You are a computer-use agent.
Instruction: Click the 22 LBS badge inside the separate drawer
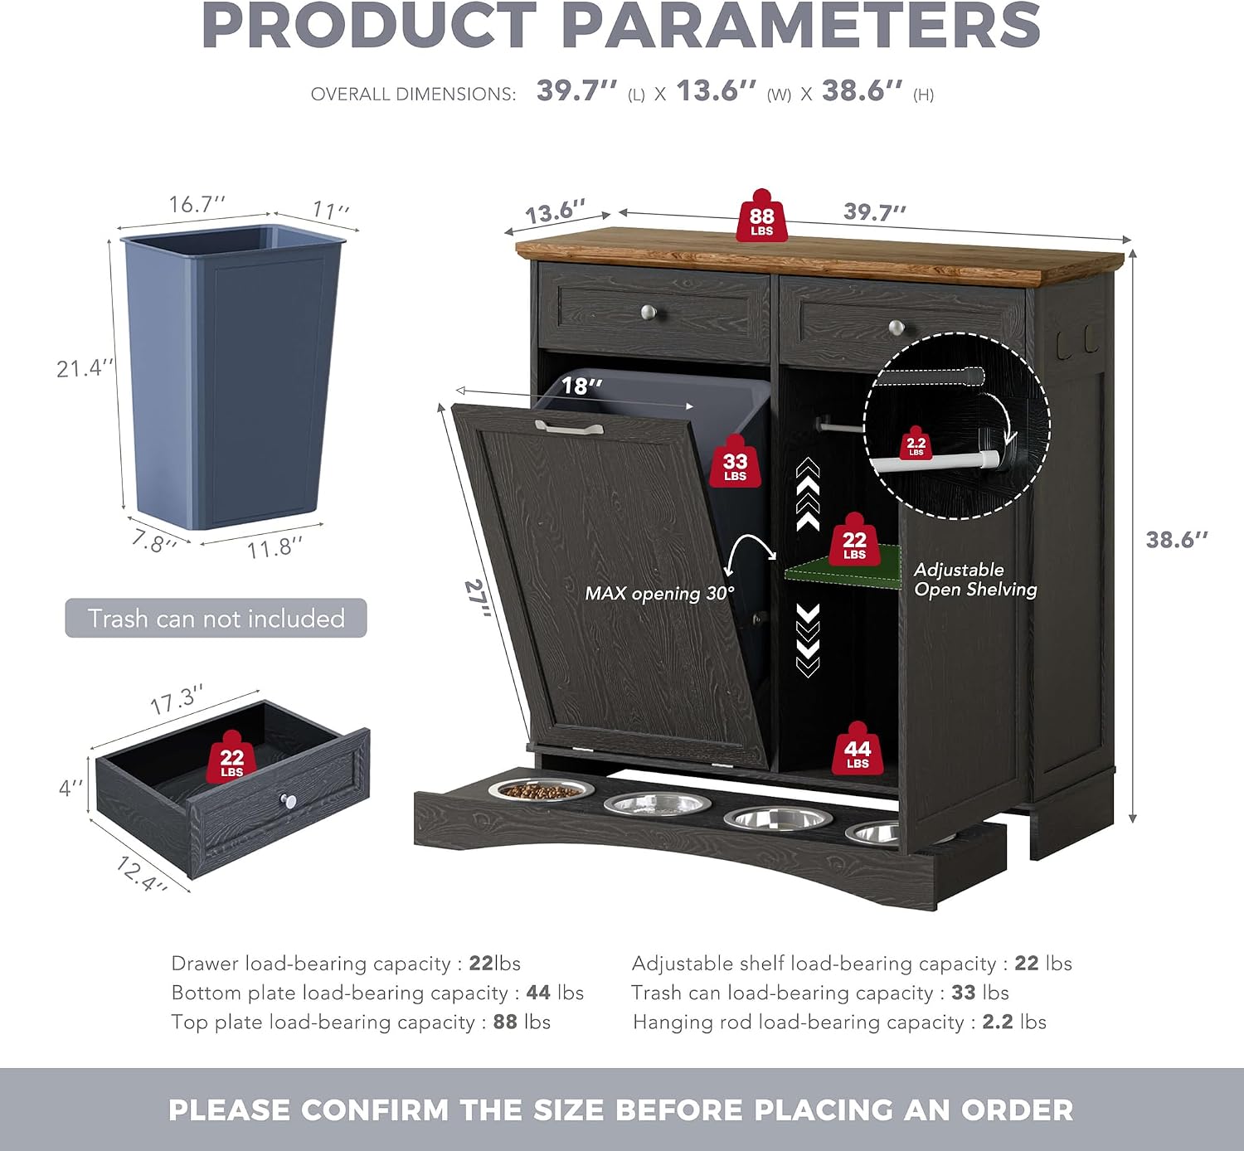tap(231, 757)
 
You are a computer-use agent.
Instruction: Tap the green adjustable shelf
tap(843, 568)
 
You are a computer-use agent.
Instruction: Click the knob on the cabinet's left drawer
tap(649, 312)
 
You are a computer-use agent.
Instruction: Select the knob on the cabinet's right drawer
tap(897, 327)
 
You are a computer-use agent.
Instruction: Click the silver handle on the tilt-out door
tap(569, 427)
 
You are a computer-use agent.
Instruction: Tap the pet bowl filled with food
tap(542, 790)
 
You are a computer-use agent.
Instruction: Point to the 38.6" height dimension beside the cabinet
tap(1177, 539)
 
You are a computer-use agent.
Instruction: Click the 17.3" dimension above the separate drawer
tap(177, 699)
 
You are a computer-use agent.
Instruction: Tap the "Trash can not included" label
tap(216, 619)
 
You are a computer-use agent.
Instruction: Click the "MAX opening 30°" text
tap(659, 593)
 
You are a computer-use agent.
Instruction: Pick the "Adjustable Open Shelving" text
tap(975, 580)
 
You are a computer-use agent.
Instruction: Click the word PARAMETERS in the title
tap(800, 27)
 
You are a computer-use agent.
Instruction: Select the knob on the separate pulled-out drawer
tap(288, 800)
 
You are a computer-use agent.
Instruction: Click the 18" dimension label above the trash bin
tap(582, 386)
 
